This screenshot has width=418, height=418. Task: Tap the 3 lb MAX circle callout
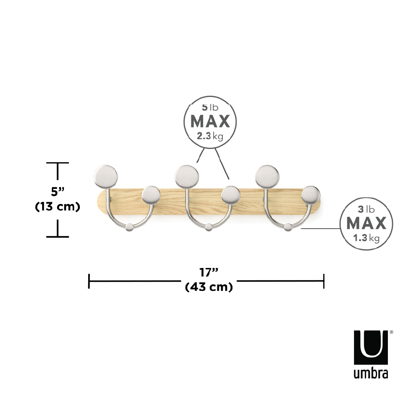click(x=366, y=224)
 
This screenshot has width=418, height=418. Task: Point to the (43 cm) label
click(x=209, y=288)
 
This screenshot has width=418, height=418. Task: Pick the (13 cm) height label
click(x=57, y=206)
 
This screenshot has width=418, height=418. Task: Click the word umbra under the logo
click(x=370, y=373)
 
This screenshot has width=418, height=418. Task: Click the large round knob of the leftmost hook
click(x=105, y=176)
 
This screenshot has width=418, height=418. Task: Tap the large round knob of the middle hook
click(x=186, y=176)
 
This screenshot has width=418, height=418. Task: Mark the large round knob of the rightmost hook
click(x=267, y=176)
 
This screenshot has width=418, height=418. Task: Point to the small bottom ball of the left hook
click(x=130, y=227)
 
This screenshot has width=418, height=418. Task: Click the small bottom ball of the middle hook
click(x=209, y=227)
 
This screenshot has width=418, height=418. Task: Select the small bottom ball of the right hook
click(x=288, y=227)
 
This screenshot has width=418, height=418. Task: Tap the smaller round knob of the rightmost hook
click(x=311, y=195)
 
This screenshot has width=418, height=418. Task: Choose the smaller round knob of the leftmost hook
click(x=151, y=195)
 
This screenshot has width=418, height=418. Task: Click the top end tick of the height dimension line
click(x=57, y=163)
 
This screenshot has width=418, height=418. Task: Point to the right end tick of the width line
click(x=324, y=281)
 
